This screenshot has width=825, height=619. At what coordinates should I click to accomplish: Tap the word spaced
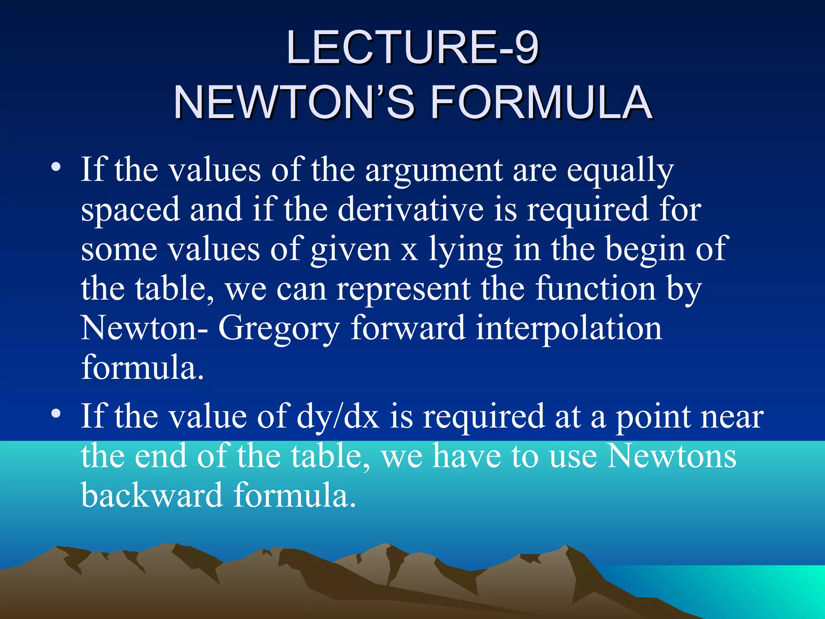[x=130, y=210]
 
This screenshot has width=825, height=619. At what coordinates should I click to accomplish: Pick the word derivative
[x=410, y=209]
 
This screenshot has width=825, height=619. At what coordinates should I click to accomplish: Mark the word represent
[x=403, y=289]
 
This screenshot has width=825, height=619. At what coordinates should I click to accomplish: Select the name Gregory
[x=279, y=329]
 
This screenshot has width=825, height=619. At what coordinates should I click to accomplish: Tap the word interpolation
[x=569, y=328]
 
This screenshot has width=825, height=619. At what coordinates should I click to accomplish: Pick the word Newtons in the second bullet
[x=672, y=456]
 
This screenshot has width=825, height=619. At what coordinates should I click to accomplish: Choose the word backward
[x=152, y=495]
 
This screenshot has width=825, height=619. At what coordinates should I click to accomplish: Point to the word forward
[x=408, y=328]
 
